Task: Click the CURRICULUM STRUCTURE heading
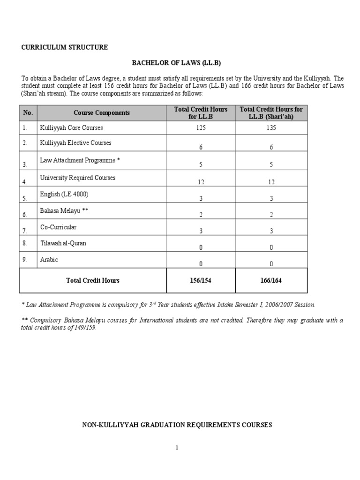65,47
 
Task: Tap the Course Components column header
102,113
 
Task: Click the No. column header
28,113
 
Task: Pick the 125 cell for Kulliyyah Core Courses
201,128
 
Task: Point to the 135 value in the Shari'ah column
271,128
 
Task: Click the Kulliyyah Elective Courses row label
75,143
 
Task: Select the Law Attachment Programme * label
80,160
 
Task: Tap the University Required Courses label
78,178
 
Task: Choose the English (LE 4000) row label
64,194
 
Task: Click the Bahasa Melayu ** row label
64,211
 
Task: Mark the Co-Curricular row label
58,227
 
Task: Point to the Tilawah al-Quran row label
63,244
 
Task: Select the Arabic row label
49,260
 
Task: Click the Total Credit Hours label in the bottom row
93,281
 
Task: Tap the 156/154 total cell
201,281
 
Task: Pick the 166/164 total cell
271,281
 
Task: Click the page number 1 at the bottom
177,448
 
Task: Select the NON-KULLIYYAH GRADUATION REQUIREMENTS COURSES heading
177,425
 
